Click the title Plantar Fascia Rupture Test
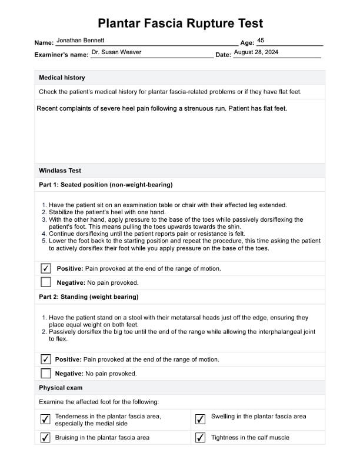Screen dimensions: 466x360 pos(180,24)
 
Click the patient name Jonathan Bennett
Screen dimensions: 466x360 pos(80,40)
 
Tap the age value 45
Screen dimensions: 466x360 pos(261,40)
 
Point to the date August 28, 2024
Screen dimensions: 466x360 pos(256,52)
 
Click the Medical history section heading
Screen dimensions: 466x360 pos(62,78)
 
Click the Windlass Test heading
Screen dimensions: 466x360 pos(60,171)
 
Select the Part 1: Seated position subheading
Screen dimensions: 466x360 pos(105,185)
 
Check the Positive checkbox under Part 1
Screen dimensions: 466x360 pos(46,268)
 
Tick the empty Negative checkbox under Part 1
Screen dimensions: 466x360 pos(46,282)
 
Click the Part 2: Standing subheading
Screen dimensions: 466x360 pos(88,297)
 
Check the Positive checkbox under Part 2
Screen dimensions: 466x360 pos(46,359)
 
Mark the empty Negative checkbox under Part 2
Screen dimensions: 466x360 pos(46,373)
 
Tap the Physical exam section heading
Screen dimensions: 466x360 pos(61,388)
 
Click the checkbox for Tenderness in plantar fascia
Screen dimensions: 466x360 pos(45,419)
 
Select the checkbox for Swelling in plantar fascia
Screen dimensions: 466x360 pos(200,419)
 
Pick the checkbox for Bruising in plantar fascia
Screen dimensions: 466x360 pos(45,437)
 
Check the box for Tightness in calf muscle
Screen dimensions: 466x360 pos(200,437)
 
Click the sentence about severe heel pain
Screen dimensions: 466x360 pos(162,108)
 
